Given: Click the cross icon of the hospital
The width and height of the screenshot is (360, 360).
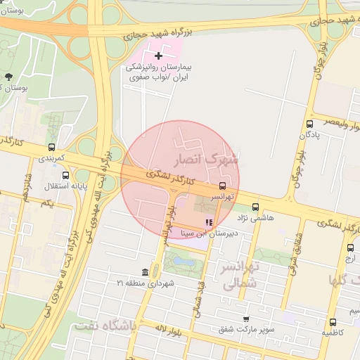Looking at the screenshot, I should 158,56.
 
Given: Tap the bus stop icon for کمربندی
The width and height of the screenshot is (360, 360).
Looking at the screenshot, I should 51,148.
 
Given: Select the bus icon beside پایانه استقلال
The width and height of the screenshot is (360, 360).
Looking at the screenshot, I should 65,175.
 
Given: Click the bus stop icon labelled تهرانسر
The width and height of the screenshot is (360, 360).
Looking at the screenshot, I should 222,185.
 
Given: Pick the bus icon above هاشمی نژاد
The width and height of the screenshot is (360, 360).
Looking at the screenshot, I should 255,207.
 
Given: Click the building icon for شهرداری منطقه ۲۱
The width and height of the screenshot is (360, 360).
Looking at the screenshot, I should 145,272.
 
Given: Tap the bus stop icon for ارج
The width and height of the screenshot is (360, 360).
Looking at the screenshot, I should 350,247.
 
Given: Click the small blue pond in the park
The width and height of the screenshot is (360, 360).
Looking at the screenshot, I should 184,262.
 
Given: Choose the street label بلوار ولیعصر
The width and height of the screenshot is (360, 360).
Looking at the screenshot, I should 337,122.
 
